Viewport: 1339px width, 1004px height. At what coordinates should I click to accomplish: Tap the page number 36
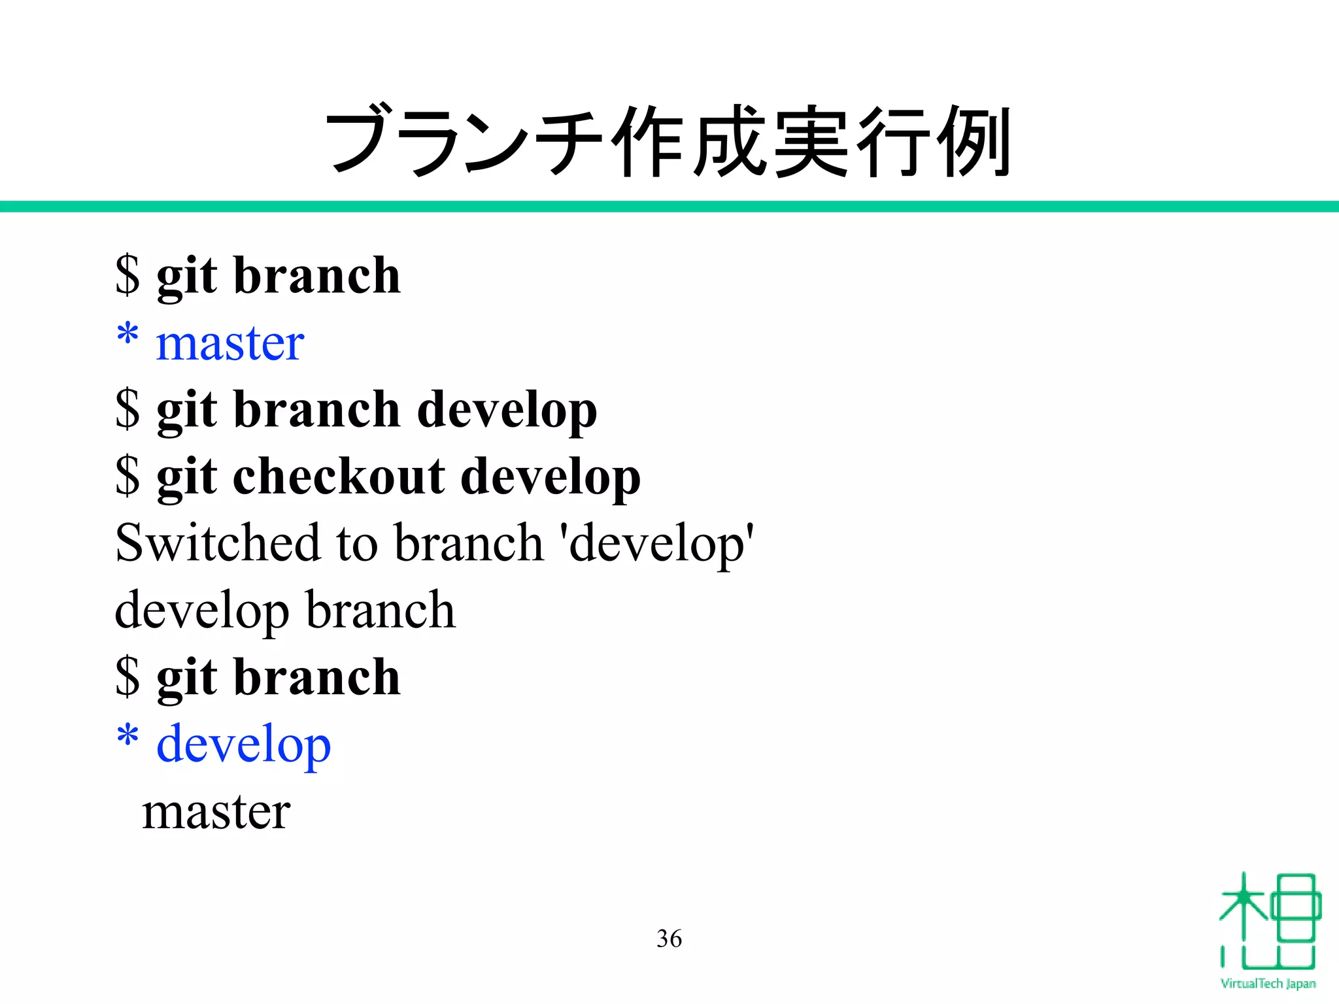pyautogui.click(x=669, y=939)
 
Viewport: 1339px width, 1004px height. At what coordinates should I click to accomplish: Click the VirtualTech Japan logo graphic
pyautogui.click(x=1268, y=922)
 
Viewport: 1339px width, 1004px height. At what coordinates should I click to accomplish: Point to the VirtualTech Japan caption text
pyautogui.click(x=1268, y=984)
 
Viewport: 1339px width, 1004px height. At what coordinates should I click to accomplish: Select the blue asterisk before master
pyautogui.click(x=127, y=337)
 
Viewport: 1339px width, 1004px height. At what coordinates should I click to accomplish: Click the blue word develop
pyautogui.click(x=243, y=745)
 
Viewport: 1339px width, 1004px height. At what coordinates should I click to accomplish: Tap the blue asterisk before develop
pyautogui.click(x=127, y=738)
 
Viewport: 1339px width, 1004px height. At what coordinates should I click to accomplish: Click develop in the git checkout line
pyautogui.click(x=551, y=477)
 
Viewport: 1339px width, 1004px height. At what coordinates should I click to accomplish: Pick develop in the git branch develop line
pyautogui.click(x=507, y=410)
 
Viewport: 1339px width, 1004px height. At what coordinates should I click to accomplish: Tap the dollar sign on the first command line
pyautogui.click(x=127, y=275)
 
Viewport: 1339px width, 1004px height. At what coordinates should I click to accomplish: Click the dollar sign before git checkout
pyautogui.click(x=127, y=476)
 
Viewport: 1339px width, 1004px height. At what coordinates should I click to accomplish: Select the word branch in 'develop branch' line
pyautogui.click(x=381, y=610)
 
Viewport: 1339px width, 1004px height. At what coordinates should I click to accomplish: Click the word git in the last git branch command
pyautogui.click(x=186, y=678)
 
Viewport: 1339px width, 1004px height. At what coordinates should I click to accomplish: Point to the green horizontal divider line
pyautogui.click(x=669, y=207)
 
